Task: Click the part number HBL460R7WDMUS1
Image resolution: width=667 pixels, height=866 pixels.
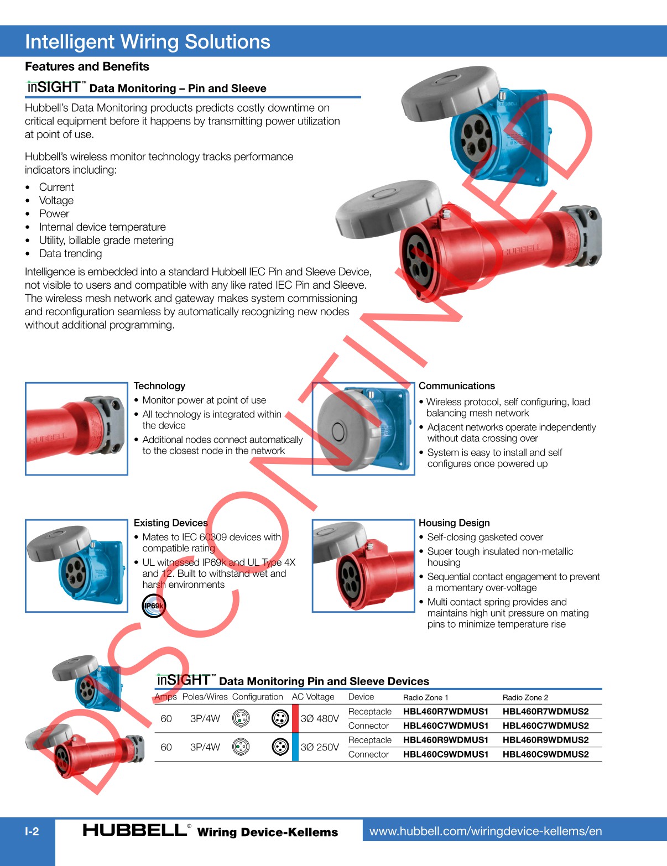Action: coord(445,712)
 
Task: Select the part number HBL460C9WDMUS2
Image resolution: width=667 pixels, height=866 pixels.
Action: coord(545,754)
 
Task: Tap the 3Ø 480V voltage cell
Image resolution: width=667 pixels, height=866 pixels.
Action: coord(320,719)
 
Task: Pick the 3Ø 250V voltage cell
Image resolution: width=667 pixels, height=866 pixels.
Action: coord(320,747)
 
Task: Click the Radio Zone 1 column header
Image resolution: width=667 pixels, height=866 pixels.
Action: coord(425,698)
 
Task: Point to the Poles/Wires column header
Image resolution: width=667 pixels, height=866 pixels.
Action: coord(205,697)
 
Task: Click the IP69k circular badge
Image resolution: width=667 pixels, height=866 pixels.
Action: coord(153,606)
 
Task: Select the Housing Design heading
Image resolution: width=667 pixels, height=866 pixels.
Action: coord(454,523)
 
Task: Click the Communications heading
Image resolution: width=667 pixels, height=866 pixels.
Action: coord(456,386)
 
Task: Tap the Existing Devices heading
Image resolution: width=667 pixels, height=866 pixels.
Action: coord(170,523)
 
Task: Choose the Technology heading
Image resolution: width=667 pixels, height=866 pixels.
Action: coord(159,386)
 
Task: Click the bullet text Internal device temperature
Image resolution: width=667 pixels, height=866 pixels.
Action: coord(102,227)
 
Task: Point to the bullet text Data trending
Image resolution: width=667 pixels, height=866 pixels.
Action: coord(70,254)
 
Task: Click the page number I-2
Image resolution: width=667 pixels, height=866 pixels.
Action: coord(32,832)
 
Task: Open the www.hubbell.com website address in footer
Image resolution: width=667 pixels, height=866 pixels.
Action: coord(485,831)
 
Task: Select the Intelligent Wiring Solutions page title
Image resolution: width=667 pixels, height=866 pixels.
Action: coord(148,42)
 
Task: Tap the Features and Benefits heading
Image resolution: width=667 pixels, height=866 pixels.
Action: coord(87,67)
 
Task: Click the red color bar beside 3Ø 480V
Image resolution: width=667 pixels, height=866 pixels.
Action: coord(295,718)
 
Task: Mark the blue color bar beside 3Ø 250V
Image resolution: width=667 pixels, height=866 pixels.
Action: coord(295,747)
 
